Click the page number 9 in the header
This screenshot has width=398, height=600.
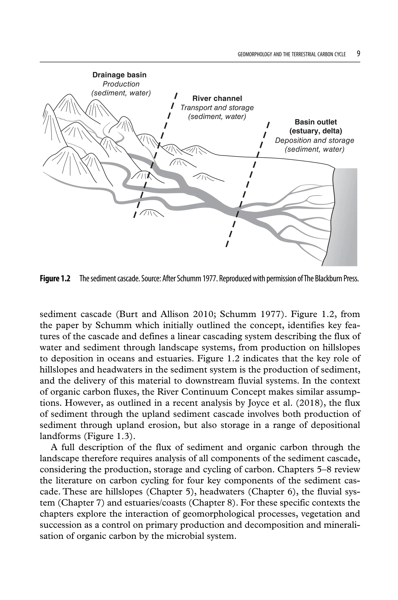pyautogui.click(x=358, y=54)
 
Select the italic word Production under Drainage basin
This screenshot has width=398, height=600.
pyautogui.click(x=121, y=84)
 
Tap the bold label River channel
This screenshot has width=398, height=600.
pyautogui.click(x=217, y=99)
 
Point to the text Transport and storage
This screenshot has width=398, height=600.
pyautogui.click(x=217, y=108)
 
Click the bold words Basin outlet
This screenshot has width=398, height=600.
pyautogui.click(x=316, y=122)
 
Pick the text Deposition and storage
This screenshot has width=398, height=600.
pyautogui.click(x=314, y=140)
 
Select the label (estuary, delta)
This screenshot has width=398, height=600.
pyautogui.click(x=316, y=131)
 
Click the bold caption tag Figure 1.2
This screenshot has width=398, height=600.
pyautogui.click(x=55, y=279)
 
